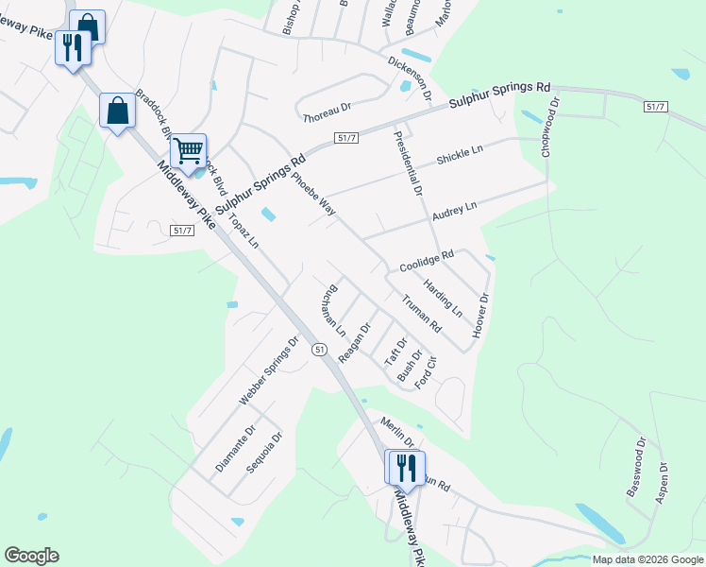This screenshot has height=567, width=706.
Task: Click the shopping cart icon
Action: pos(189,150)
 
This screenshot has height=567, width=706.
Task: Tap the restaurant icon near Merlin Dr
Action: pos(406,467)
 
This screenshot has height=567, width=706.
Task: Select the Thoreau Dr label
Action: pos(327,115)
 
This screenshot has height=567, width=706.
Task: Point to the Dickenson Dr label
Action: pos(410,77)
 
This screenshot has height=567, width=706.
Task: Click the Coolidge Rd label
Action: pos(426,261)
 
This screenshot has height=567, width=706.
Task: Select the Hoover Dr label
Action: pos(481,316)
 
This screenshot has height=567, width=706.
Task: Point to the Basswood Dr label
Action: pos(634,467)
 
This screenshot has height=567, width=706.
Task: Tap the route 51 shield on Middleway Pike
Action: pos(320,350)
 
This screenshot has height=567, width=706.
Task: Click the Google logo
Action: pos(31,556)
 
